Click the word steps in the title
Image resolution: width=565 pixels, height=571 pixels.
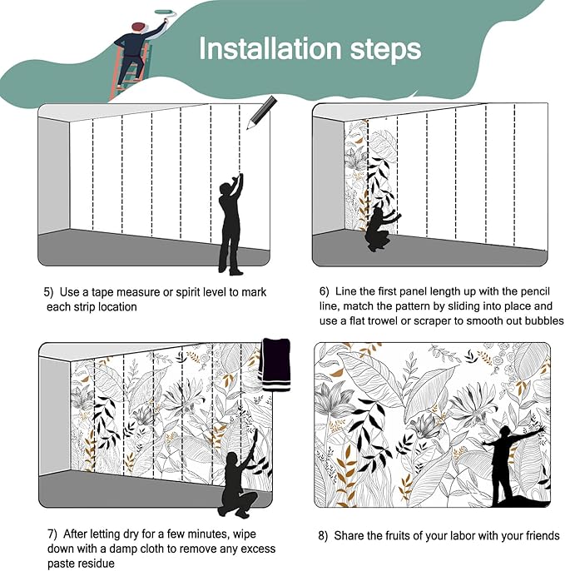[x=385, y=51]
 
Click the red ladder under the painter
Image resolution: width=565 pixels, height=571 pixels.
[x=129, y=73]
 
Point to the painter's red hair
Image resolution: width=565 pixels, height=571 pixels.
[x=138, y=26]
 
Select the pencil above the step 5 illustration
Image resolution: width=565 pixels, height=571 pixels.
[x=262, y=112]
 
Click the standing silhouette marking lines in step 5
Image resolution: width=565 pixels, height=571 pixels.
[x=230, y=224]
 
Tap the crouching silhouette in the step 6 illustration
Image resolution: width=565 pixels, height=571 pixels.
[x=381, y=230]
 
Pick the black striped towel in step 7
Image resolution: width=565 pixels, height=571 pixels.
[x=275, y=365]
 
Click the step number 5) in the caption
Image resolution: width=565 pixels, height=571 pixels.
[x=48, y=292]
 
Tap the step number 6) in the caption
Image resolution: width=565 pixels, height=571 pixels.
[x=324, y=291]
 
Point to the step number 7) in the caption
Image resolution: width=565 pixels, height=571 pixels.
[x=52, y=534]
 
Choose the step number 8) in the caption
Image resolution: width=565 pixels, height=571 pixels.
[x=323, y=536]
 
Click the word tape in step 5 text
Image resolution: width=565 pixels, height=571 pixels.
[x=101, y=293]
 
